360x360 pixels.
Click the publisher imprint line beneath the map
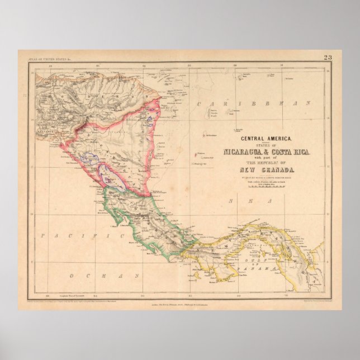click(179, 304)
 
